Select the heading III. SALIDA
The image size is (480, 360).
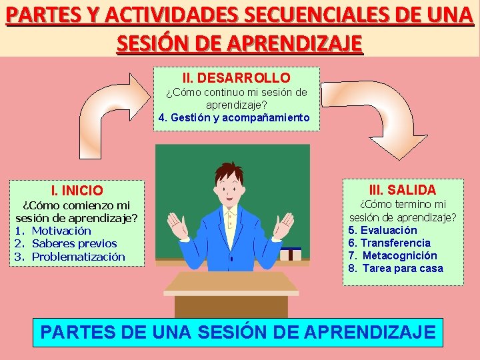pos(403,189)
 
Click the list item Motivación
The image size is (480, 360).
pos(61,231)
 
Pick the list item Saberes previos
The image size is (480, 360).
pos(74,243)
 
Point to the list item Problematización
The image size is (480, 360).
pos(78,257)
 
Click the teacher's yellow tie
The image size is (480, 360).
pos(230,223)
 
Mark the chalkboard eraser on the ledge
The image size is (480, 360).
pos(291,253)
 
